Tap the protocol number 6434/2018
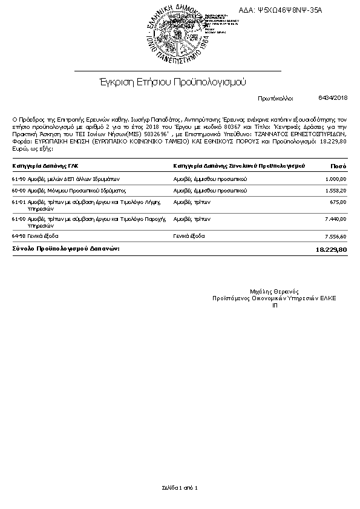(x=333, y=97)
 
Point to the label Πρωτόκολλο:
(x=275, y=98)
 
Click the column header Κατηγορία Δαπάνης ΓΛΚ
(x=45, y=165)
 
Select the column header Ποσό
(x=338, y=165)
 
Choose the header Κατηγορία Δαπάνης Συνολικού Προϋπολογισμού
(x=238, y=165)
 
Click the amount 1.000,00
(x=335, y=179)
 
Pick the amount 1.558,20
(x=335, y=190)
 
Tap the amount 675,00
(x=338, y=202)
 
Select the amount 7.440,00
(x=335, y=218)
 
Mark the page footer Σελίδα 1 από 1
(x=180, y=487)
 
